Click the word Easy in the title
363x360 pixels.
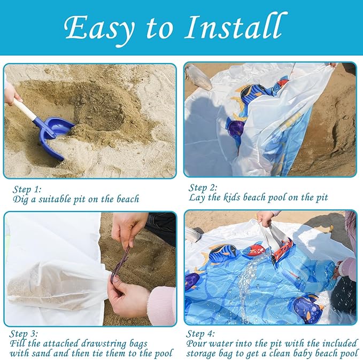tap(99, 28)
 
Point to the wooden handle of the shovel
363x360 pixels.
tap(25, 109)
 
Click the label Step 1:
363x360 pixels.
tap(27, 189)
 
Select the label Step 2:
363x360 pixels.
tap(203, 188)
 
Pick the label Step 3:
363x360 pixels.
tap(24, 334)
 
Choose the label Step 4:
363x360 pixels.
tap(200, 334)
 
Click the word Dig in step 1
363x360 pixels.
tap(21, 199)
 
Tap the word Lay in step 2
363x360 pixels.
tap(197, 198)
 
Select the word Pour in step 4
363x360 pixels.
tap(197, 343)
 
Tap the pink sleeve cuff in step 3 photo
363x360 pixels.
tap(161, 306)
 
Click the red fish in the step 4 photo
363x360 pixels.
tap(254, 250)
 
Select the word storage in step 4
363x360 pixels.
tap(203, 354)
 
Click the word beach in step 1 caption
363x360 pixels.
tap(128, 199)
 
